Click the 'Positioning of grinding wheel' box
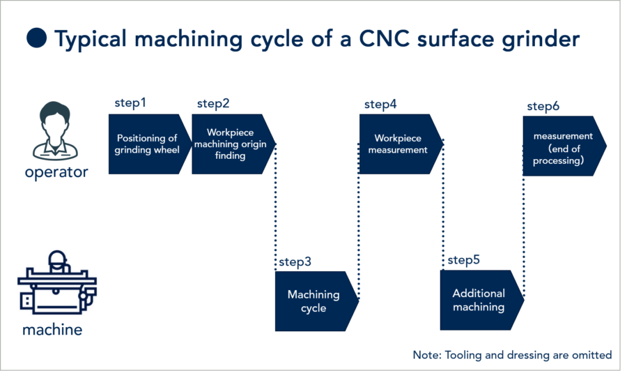coord(148,144)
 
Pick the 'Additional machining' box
coord(480,300)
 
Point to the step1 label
coord(130,103)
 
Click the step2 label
coord(213,104)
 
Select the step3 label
coord(295,262)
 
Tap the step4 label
coord(380,105)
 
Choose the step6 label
coord(543,106)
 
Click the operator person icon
coord(55,130)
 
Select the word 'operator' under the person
coord(56,172)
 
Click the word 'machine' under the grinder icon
coord(52,330)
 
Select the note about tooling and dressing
coord(512,355)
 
